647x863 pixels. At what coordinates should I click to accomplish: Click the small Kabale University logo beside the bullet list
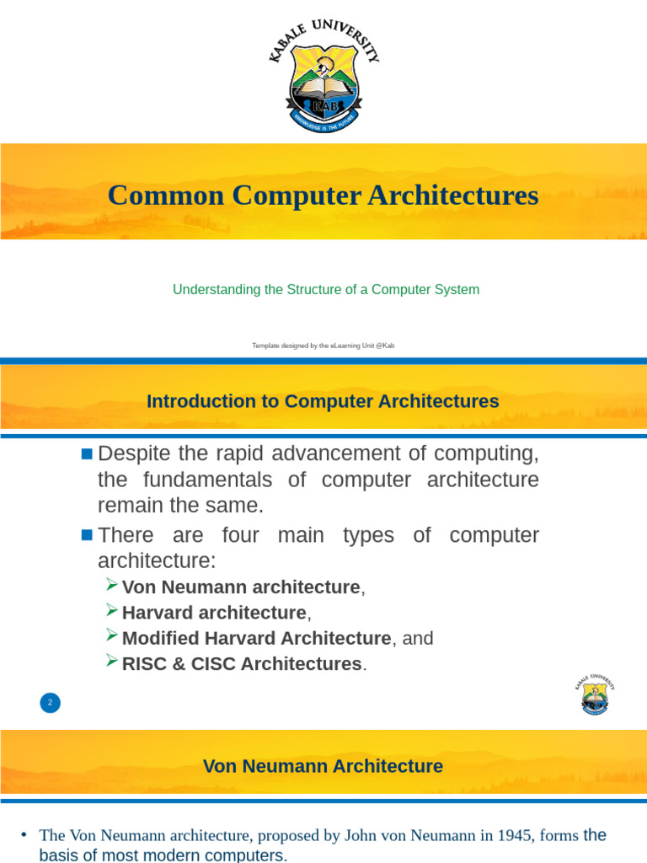[595, 694]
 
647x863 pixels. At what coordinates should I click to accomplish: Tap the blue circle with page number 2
[50, 702]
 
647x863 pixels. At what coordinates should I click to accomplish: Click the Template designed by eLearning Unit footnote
[323, 346]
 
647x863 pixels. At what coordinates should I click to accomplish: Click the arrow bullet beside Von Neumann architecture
[112, 585]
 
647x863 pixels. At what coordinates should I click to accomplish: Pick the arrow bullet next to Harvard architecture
[112, 610]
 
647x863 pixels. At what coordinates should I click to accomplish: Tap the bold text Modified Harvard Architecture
[256, 639]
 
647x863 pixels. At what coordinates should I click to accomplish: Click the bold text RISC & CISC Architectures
[241, 664]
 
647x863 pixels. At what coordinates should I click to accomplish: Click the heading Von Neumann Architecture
[323, 766]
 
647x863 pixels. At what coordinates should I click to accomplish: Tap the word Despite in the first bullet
[134, 453]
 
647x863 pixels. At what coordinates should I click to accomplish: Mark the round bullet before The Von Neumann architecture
[24, 835]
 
